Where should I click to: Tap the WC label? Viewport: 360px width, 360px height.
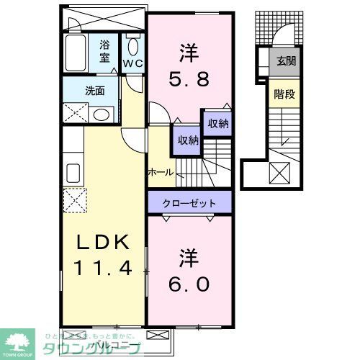point(133,63)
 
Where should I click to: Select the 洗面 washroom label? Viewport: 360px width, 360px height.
point(94,91)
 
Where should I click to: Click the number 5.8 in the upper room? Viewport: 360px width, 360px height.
point(189,78)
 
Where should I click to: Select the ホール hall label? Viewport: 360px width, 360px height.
point(159,172)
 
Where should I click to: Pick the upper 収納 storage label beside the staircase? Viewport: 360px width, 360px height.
point(218,124)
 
